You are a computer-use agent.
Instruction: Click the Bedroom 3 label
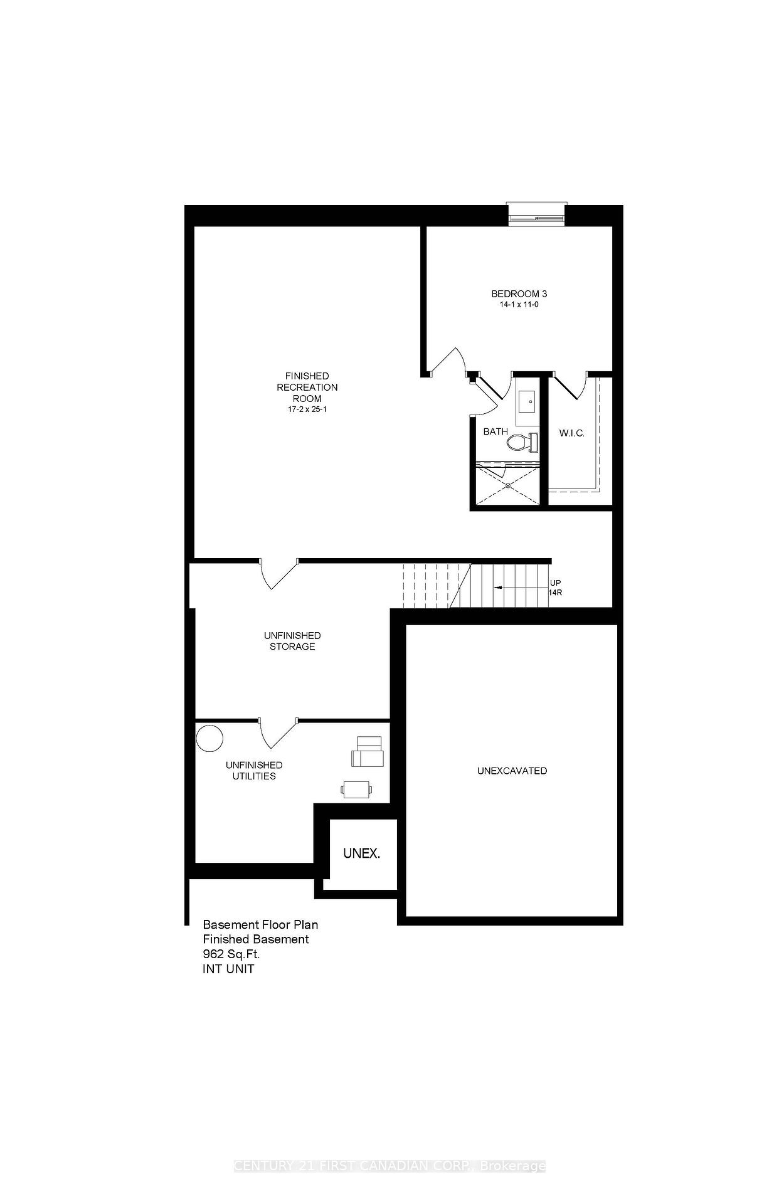point(519,293)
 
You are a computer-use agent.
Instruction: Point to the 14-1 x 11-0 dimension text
point(519,305)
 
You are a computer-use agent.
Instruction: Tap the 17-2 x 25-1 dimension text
point(307,409)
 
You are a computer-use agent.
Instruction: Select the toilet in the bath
point(522,442)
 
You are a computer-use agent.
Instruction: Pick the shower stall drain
point(507,485)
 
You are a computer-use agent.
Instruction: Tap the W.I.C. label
point(571,433)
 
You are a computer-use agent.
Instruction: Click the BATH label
point(495,432)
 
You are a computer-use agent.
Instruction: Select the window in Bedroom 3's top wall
point(537,214)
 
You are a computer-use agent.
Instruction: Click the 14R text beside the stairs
point(555,593)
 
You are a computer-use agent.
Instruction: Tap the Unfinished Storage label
point(292,641)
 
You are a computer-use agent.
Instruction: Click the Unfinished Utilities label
point(254,771)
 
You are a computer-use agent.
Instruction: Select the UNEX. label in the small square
point(361,853)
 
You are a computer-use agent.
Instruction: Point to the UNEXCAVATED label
point(512,771)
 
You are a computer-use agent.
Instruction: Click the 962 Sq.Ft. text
point(231,954)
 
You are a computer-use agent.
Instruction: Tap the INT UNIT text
point(228,969)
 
